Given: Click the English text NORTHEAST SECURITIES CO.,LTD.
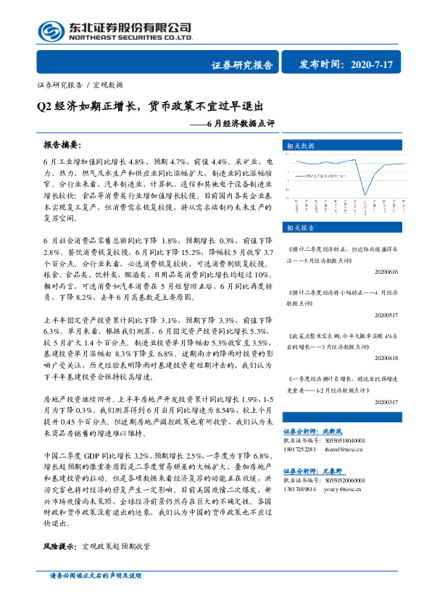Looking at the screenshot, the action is pos(130,38).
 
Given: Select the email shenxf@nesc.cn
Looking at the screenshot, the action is pos(349,448).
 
